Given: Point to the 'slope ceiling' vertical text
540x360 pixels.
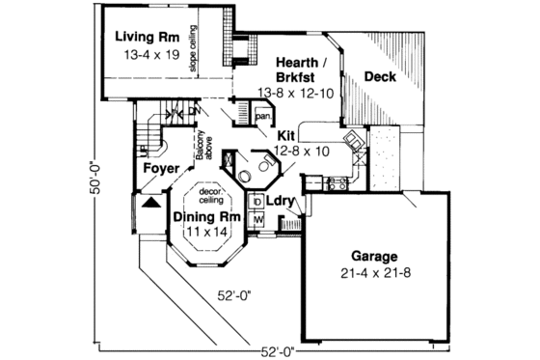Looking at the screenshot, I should [x=193, y=49].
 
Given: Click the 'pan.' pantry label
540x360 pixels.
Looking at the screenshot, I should [x=262, y=117].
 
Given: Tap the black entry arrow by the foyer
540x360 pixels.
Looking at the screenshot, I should [x=149, y=204].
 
